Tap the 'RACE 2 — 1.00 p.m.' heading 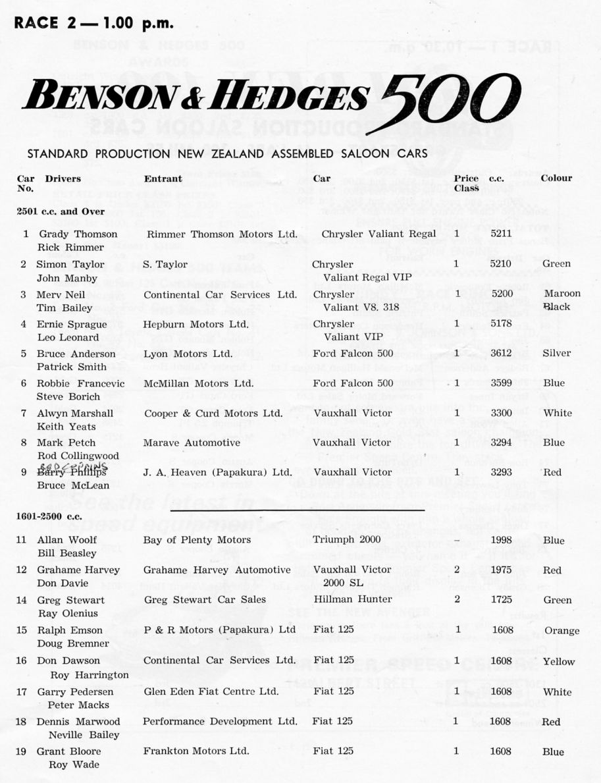pos(94,24)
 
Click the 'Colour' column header pos(556,178)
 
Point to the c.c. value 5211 pos(501,234)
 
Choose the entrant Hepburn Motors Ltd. pos(196,324)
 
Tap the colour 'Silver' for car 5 pos(556,353)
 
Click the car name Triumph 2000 pos(348,540)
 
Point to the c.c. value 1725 pos(501,600)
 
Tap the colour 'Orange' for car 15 pos(562,631)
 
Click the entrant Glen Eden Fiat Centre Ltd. pos(211,691)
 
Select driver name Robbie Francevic pos(78,383)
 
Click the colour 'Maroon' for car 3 pos(562,293)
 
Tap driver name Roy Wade pos(74,765)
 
